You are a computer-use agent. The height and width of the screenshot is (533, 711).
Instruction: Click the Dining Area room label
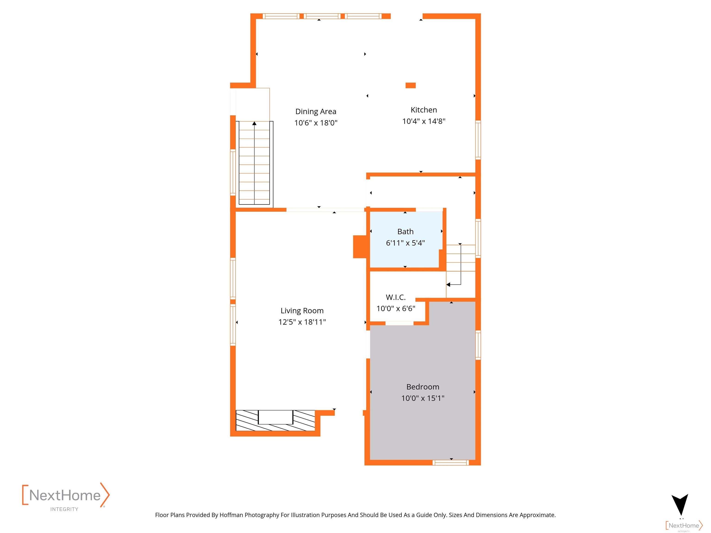click(316, 112)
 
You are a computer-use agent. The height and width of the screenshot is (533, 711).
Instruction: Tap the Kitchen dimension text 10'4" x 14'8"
click(424, 121)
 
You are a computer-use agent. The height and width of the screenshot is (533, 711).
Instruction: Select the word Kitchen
click(424, 110)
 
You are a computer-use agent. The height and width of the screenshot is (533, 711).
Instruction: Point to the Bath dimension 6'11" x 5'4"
click(405, 243)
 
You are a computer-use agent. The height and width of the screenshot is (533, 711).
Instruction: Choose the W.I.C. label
click(396, 297)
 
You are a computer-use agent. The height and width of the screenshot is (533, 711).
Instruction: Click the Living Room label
click(302, 311)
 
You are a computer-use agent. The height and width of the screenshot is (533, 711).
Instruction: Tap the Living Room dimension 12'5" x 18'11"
click(302, 322)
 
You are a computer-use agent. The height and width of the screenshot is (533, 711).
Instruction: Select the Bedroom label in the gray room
click(423, 387)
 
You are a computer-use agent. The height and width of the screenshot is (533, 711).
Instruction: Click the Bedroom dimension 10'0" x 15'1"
click(423, 398)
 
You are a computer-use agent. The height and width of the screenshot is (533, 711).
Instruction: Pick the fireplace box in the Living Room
click(275, 417)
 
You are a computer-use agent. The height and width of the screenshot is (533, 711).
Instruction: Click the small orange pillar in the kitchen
click(410, 85)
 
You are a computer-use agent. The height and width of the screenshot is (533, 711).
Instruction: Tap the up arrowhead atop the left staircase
click(254, 123)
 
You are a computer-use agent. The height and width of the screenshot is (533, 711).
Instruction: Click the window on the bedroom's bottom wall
click(451, 463)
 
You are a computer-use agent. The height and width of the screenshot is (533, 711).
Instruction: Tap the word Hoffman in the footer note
click(231, 515)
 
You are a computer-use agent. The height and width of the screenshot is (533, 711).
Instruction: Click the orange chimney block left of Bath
click(360, 247)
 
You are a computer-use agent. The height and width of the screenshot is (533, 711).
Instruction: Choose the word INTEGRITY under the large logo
click(64, 509)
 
